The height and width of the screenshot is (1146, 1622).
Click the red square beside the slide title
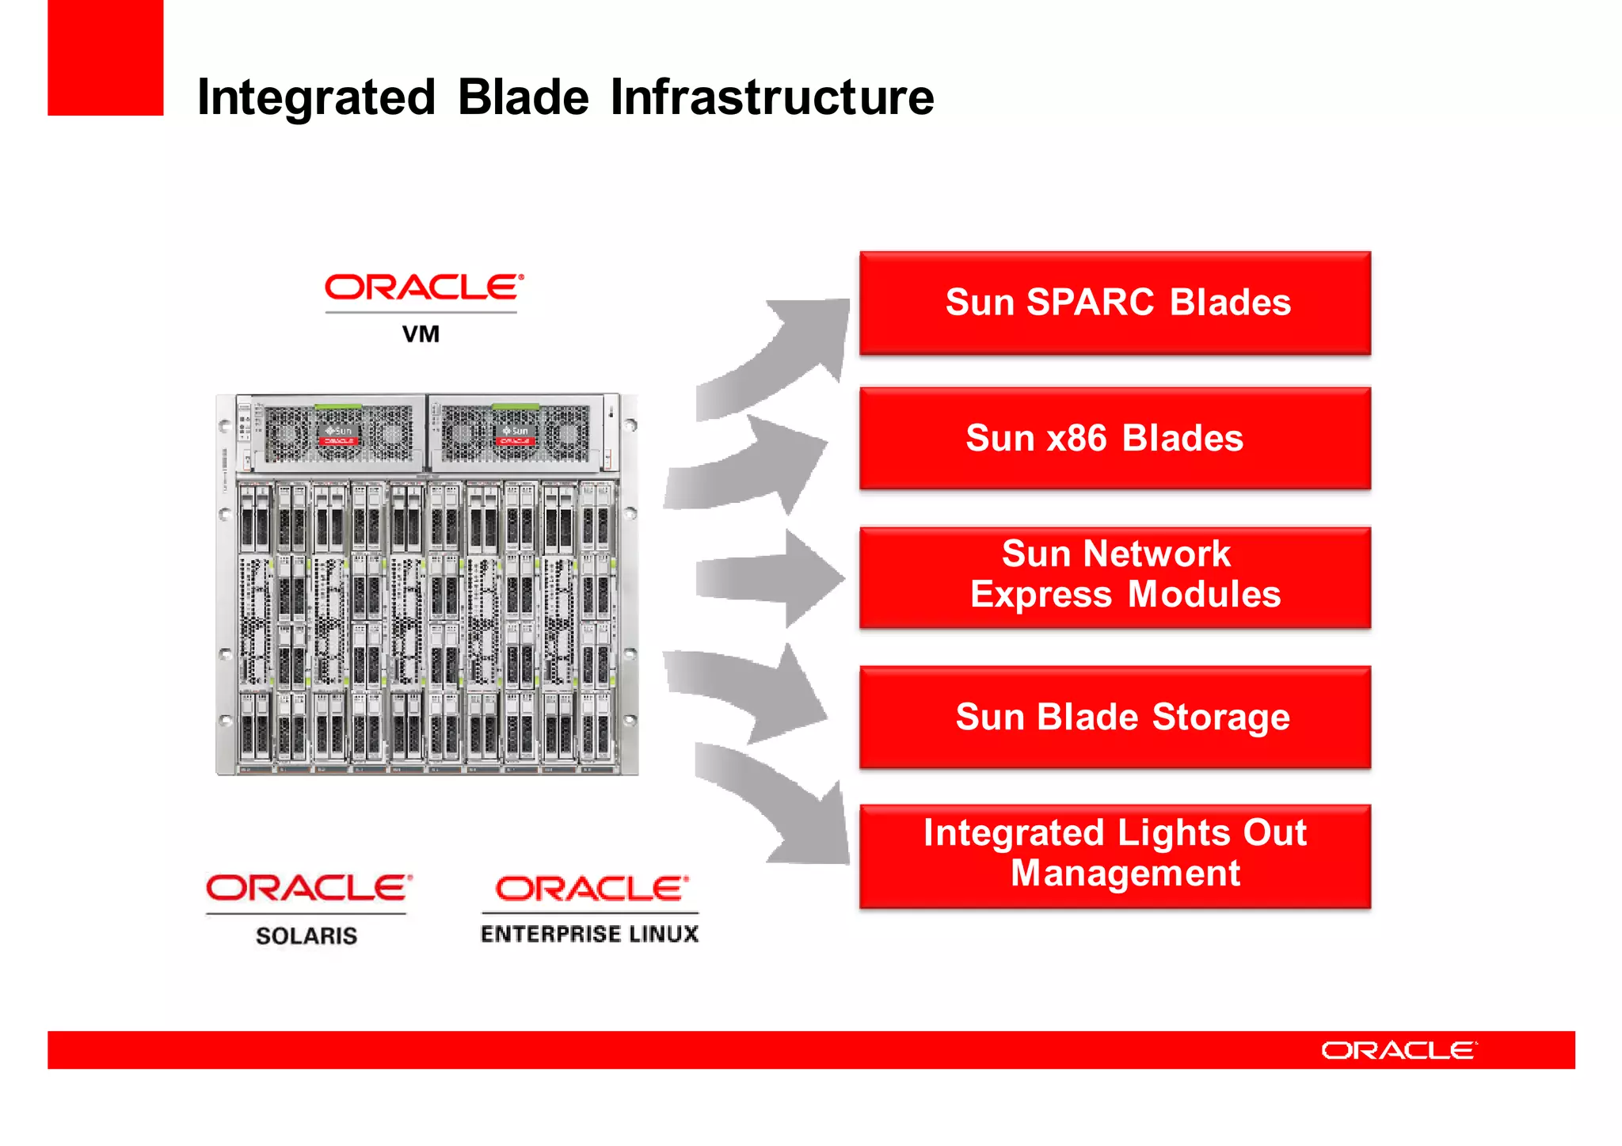click(x=105, y=57)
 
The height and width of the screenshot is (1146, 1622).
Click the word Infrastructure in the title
click(x=771, y=97)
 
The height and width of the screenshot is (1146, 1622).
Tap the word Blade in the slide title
click(x=523, y=97)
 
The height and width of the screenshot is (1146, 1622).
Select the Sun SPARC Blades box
click(x=1114, y=303)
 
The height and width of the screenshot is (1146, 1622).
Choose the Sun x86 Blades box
click(x=1114, y=438)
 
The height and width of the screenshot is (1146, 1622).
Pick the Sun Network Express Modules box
click(x=1114, y=577)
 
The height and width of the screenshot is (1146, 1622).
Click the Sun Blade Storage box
click(x=1114, y=717)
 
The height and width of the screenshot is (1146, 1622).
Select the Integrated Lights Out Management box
click(x=1114, y=855)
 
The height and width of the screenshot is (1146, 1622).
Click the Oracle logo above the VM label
click(x=424, y=287)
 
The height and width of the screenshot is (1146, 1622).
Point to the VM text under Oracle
click(x=421, y=334)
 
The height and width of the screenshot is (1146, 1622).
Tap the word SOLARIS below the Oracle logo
click(x=307, y=935)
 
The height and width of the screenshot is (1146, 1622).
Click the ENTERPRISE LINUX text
click(x=589, y=934)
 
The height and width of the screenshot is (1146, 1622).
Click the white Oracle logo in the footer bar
click(x=1398, y=1050)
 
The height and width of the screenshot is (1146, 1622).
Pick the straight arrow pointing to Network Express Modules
click(x=772, y=578)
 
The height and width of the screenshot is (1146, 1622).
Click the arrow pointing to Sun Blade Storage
click(x=752, y=689)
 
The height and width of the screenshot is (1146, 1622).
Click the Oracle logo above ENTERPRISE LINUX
click(x=591, y=889)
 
